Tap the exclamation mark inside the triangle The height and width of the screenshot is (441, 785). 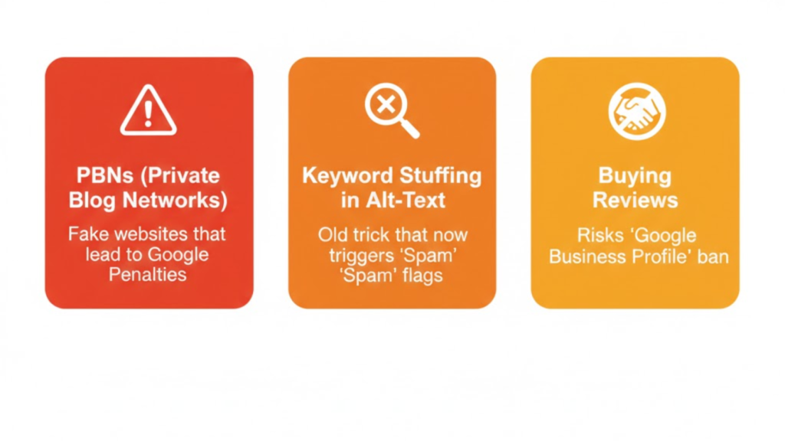pos(148,113)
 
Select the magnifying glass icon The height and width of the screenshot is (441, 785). pos(392,110)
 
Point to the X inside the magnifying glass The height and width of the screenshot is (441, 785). pos(386,105)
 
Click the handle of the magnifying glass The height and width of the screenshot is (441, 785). pos(409,129)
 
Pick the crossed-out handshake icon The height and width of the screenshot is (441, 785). pos(637,111)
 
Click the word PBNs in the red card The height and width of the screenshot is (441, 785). pos(104,176)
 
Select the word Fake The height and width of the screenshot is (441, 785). pos(84,234)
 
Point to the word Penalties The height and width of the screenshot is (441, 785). pos(148,275)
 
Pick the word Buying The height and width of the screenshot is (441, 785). pos(635,176)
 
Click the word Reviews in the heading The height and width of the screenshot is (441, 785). pos(636,201)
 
